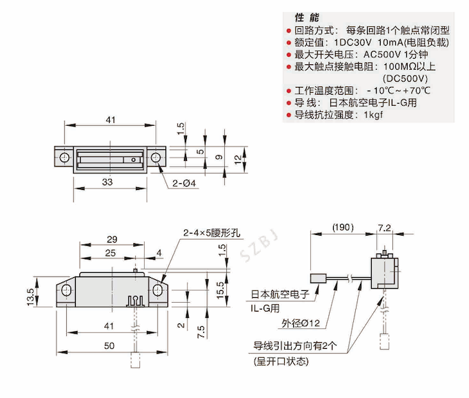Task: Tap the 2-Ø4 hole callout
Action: coord(186,183)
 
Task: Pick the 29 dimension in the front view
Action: coord(111,238)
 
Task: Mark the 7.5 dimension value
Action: coord(200,331)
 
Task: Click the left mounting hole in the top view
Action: coord(64,158)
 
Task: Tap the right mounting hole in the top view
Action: coord(156,158)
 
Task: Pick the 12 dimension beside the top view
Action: coord(237,159)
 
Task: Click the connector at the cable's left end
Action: coord(317,279)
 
